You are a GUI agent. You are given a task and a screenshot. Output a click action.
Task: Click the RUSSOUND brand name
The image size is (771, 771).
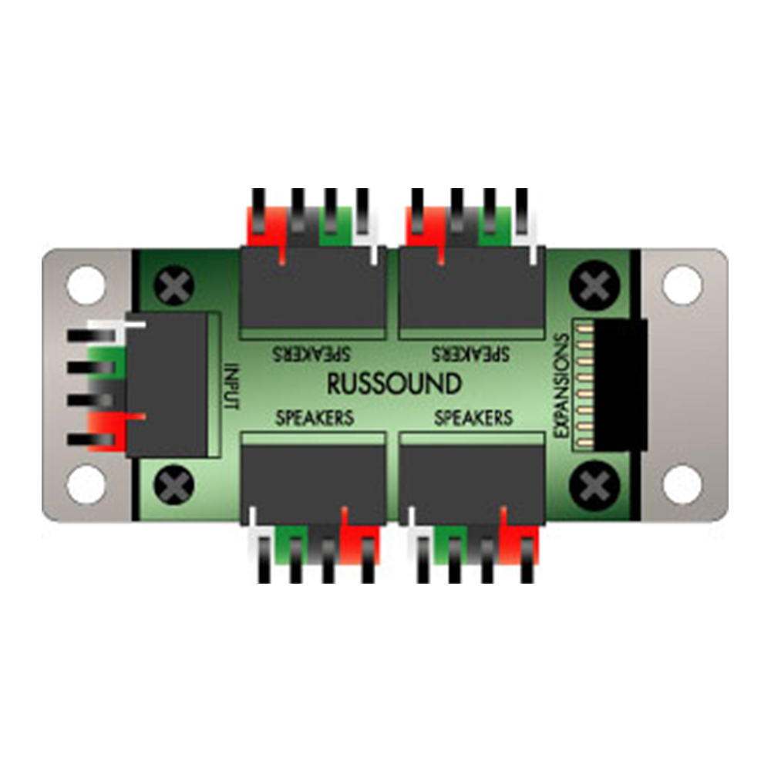pos(394,384)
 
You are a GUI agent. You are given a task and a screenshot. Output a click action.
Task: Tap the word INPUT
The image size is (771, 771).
pos(231,386)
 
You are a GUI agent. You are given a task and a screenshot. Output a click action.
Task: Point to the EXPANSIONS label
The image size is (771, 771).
pos(561,385)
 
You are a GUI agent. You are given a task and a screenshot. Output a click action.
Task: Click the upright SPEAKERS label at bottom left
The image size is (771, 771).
pos(315,418)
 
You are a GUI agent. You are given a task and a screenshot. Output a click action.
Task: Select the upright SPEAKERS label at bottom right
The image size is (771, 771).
pos(474,418)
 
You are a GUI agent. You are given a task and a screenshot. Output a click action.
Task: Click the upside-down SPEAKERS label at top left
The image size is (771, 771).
pos(311,353)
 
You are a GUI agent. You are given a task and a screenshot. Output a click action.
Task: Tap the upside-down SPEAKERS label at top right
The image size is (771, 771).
pos(470,353)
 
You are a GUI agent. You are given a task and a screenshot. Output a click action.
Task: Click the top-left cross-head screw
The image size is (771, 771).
pos(174,285)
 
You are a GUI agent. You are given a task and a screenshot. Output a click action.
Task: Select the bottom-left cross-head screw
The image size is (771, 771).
pos(174,485)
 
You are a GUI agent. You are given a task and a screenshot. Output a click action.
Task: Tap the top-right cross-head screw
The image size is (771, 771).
pos(594,285)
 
